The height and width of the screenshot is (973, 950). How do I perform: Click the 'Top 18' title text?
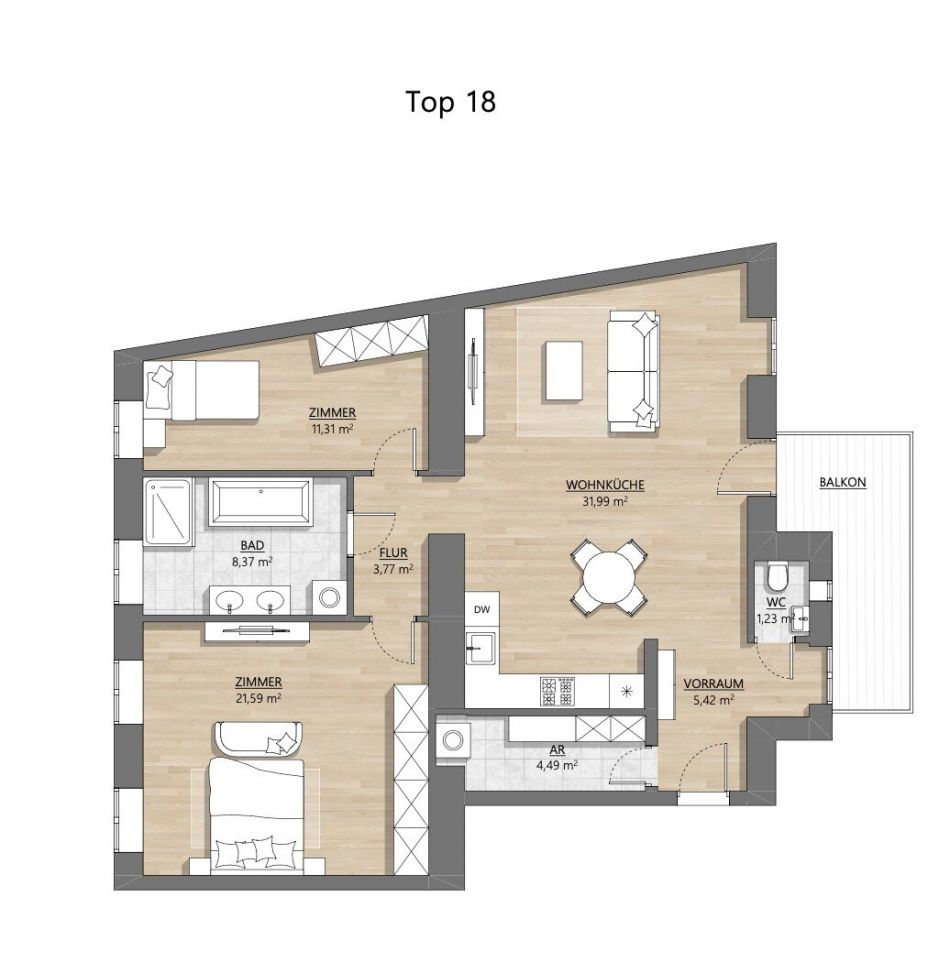coord(450,102)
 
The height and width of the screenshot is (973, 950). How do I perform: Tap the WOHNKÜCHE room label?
coord(605,485)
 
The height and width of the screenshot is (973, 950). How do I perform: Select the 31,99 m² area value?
coord(605,501)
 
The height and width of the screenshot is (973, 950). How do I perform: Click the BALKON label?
coord(843,482)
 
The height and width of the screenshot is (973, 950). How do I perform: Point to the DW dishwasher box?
coord(482,609)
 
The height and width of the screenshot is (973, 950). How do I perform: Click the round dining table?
coord(609,578)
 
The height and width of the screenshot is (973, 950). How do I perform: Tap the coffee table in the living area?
coord(563,371)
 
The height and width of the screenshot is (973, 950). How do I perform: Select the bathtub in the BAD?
coord(261,501)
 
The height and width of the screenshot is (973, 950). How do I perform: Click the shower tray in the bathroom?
coord(168,513)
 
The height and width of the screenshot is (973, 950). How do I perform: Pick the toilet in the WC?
coord(777,576)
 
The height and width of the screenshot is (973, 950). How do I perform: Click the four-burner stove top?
coord(558,691)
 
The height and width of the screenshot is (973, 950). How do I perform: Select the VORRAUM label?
coord(714,684)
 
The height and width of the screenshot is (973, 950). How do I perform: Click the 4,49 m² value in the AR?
coord(557,765)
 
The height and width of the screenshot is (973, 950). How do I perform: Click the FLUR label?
coord(393,553)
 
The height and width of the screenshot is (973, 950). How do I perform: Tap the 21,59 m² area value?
coord(258,698)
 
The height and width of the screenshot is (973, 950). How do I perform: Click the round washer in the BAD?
coord(329,597)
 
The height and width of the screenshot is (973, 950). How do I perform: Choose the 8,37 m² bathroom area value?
coord(252,562)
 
